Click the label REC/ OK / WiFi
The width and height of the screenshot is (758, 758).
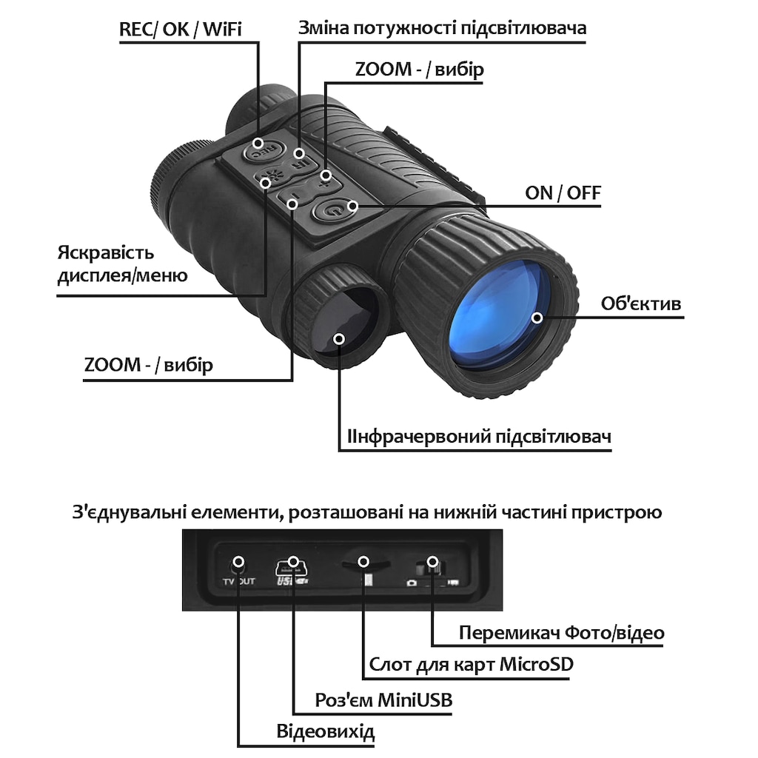181,30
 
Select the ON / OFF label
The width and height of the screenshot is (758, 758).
563,193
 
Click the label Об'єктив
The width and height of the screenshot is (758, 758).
641,304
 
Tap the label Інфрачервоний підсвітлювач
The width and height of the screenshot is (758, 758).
479,437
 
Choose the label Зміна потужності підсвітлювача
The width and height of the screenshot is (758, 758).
442,28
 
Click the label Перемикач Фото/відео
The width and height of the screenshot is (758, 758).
561,632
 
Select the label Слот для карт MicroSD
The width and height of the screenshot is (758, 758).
471,664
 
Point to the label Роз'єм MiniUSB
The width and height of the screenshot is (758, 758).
383,700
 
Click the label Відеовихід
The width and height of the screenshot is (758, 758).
326,731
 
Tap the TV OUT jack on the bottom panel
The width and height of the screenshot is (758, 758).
238,563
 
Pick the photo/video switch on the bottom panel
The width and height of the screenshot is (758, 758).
432,566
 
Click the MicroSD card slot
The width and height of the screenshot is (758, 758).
365,564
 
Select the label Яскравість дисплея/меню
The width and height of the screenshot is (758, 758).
122,264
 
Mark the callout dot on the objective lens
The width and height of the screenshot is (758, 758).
537,318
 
